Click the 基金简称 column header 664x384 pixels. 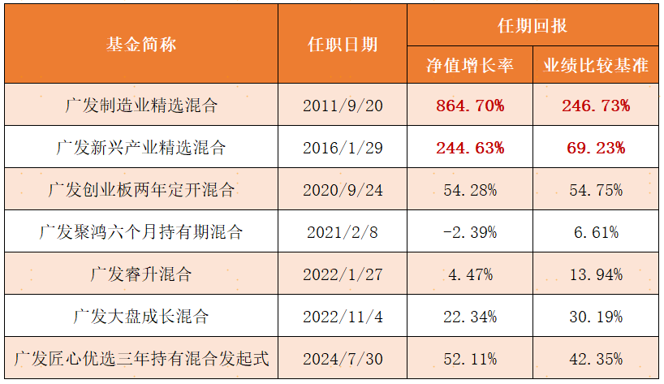pyautogui.click(x=141, y=44)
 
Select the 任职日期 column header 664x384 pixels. pyautogui.click(x=343, y=44)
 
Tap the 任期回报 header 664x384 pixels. pyautogui.click(x=532, y=25)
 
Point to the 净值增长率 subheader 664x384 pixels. pyautogui.click(x=470, y=65)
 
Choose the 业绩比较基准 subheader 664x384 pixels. pyautogui.click(x=596, y=65)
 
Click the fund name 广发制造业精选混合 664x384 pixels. pyautogui.click(x=141, y=106)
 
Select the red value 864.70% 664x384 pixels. pyautogui.click(x=470, y=106)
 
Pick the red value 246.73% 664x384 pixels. pyautogui.click(x=596, y=106)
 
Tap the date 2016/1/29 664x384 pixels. pyautogui.click(x=343, y=148)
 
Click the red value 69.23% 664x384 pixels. pyautogui.click(x=596, y=148)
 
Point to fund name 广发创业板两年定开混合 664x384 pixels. pyautogui.click(x=141, y=190)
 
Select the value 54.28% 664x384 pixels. pyautogui.click(x=470, y=190)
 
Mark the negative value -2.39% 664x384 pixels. pyautogui.click(x=470, y=232)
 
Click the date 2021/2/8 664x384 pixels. pyautogui.click(x=343, y=232)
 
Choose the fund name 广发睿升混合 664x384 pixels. pyautogui.click(x=141, y=274)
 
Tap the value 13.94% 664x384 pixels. pyautogui.click(x=596, y=274)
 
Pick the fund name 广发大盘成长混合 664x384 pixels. pyautogui.click(x=141, y=317)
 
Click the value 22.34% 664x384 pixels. pyautogui.click(x=470, y=317)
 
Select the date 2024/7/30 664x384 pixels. pyautogui.click(x=343, y=360)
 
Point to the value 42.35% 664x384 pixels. pyautogui.click(x=596, y=360)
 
